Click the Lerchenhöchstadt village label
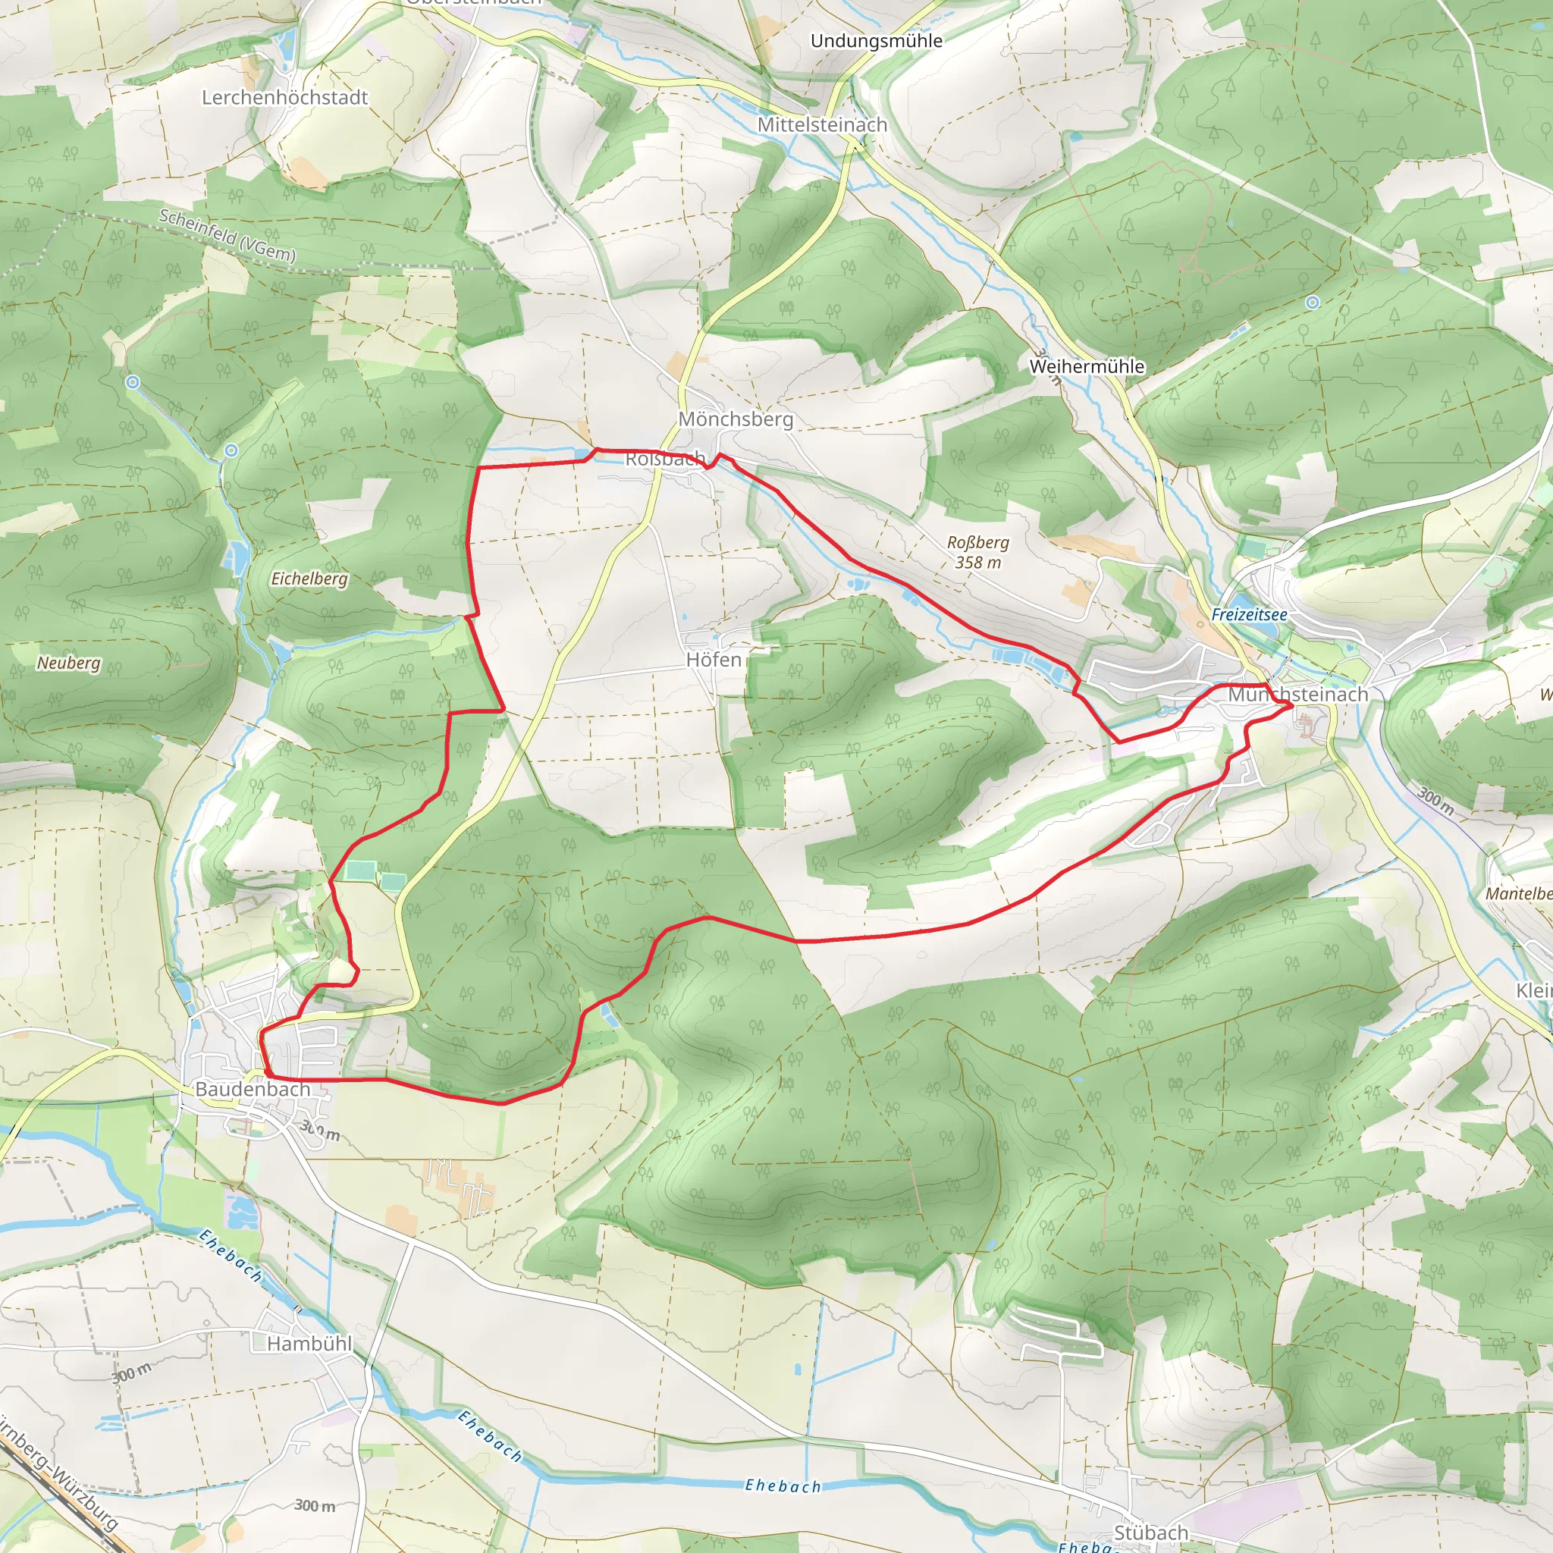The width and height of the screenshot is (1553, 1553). pos(284,97)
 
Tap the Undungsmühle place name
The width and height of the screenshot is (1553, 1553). pos(876,40)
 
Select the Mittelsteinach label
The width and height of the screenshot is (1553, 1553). pos(822,124)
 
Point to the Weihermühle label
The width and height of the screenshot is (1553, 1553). pos(1087,366)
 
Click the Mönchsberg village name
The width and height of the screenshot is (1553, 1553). pos(736,419)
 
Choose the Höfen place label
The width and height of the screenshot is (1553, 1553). pos(714,659)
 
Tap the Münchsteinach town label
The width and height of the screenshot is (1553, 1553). pos(1297,694)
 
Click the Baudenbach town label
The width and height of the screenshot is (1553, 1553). pos(253,1088)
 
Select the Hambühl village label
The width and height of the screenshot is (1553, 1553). pos(309,1343)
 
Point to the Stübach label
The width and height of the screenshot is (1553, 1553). pos(1151,1533)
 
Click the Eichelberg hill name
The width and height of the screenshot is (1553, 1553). pos(309,578)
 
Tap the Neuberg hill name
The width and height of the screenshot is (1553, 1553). pos(69,662)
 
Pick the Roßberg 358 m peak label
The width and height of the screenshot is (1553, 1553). pos(978,552)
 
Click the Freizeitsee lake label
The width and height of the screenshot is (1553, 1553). pos(1249,614)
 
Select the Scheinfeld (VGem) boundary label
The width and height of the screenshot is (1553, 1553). pos(227,235)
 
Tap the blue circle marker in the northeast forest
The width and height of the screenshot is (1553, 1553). pos(1313,303)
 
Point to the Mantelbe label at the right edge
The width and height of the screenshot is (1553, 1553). pos(1518,893)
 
